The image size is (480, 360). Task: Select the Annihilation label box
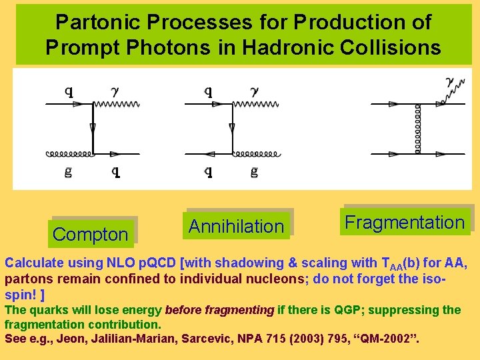tap(236, 226)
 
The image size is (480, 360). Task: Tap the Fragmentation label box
tap(404, 222)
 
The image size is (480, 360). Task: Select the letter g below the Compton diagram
tap(68, 172)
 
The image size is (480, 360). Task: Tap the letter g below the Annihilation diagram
tap(254, 172)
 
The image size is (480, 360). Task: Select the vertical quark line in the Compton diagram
tap(93, 129)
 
